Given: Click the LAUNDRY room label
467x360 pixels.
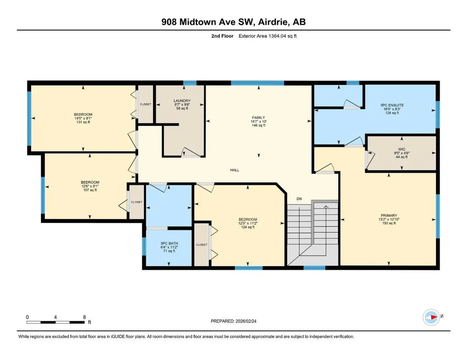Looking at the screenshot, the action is (182, 101).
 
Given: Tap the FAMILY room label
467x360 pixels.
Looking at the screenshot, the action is (258, 118).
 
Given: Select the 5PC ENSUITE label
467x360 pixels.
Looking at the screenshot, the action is (392, 105).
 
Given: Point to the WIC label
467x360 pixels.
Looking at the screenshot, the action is (401, 149).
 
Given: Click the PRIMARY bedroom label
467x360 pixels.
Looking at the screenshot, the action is (389, 216).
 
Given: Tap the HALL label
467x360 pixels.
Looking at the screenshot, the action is (234, 170).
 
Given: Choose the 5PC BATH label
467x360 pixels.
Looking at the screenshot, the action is (169, 243).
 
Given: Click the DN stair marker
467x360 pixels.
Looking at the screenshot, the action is (299, 199).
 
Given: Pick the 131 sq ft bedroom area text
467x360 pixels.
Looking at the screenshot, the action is (83, 122).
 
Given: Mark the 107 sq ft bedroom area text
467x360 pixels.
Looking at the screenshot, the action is (90, 190).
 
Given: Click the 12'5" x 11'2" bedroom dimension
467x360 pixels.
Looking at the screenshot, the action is (248, 223).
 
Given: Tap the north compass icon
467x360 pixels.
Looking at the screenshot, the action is (431, 317).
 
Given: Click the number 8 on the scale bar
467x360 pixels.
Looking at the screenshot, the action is (84, 317).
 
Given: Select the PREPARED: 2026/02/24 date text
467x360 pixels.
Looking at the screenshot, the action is (233, 321).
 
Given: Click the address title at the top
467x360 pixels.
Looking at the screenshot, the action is (233, 22).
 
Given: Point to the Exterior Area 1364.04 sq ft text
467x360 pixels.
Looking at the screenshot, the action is (267, 36).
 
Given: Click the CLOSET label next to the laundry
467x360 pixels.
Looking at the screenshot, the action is (145, 104).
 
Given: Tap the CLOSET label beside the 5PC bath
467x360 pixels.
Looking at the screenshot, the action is (201, 245).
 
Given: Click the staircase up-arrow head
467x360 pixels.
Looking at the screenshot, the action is (326, 206).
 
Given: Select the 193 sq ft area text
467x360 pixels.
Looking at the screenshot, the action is (389, 223).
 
